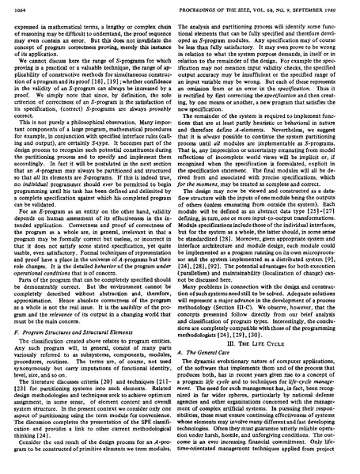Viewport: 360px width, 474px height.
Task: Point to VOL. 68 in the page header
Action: pos(254,9)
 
